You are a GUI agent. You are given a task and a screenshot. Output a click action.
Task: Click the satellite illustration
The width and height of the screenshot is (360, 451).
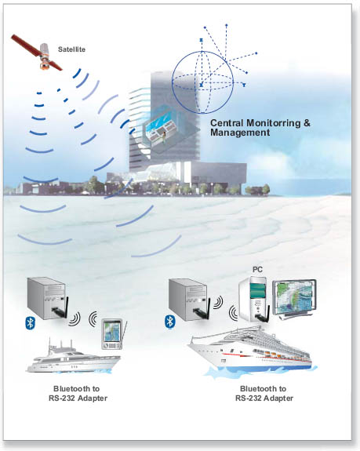[37, 53]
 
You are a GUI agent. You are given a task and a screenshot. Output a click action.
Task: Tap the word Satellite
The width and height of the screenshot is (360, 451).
[71, 49]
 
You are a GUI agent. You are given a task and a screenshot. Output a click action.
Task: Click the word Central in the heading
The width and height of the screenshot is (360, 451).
[227, 123]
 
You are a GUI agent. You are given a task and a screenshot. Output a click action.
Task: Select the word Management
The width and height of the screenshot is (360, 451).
[240, 133]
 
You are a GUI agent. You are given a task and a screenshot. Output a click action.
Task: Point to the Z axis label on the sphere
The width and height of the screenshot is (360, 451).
[201, 40]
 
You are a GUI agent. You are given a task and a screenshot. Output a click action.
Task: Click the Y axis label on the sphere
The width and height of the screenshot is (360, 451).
[244, 85]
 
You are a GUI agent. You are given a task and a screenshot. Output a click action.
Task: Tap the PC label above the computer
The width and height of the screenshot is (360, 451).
[257, 270]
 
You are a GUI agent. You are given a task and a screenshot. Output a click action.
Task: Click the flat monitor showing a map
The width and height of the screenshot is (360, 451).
[294, 299]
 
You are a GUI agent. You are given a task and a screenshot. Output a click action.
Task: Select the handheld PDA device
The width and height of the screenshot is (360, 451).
[113, 334]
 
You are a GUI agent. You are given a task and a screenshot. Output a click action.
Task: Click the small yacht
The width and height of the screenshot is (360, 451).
[73, 357]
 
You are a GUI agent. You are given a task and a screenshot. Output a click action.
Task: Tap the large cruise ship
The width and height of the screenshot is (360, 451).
[250, 350]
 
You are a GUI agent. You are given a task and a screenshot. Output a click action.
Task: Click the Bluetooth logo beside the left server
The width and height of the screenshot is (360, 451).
[30, 322]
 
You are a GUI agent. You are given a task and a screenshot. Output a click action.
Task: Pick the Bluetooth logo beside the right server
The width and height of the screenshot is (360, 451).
[170, 322]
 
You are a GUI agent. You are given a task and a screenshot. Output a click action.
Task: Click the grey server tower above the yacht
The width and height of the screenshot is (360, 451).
[46, 298]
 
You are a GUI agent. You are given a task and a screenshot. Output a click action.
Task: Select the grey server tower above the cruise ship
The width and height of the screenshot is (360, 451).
[188, 300]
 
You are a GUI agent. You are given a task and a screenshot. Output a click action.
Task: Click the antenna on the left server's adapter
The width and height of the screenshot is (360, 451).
[66, 307]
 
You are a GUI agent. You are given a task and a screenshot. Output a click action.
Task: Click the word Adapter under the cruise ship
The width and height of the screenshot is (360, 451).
[278, 398]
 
